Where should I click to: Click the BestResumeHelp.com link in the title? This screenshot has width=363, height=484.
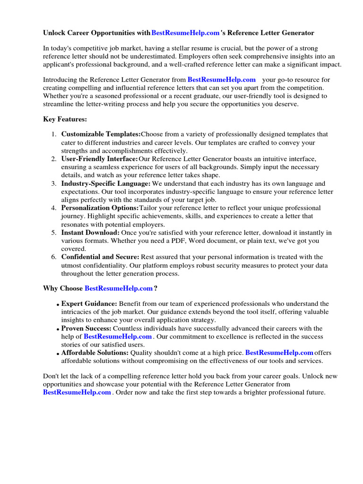(x=185, y=33)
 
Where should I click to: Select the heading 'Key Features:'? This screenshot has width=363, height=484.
(x=65, y=119)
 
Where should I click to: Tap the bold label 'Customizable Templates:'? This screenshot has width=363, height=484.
(x=101, y=134)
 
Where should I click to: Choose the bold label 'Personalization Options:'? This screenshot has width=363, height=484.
(x=100, y=208)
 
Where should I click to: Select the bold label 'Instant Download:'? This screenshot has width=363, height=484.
(x=90, y=233)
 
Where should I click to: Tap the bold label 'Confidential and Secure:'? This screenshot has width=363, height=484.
(x=100, y=257)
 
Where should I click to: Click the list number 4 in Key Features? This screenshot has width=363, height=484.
(x=53, y=208)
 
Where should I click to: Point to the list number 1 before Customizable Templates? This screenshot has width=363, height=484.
(x=53, y=134)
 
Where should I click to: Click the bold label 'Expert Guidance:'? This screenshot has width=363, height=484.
(x=89, y=303)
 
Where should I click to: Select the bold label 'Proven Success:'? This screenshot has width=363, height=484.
(x=86, y=328)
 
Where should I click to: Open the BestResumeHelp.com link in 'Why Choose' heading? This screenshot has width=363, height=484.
(x=119, y=288)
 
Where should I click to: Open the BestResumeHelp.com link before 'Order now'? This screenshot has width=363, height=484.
(x=77, y=392)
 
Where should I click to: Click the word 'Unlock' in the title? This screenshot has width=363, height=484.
(x=54, y=33)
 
